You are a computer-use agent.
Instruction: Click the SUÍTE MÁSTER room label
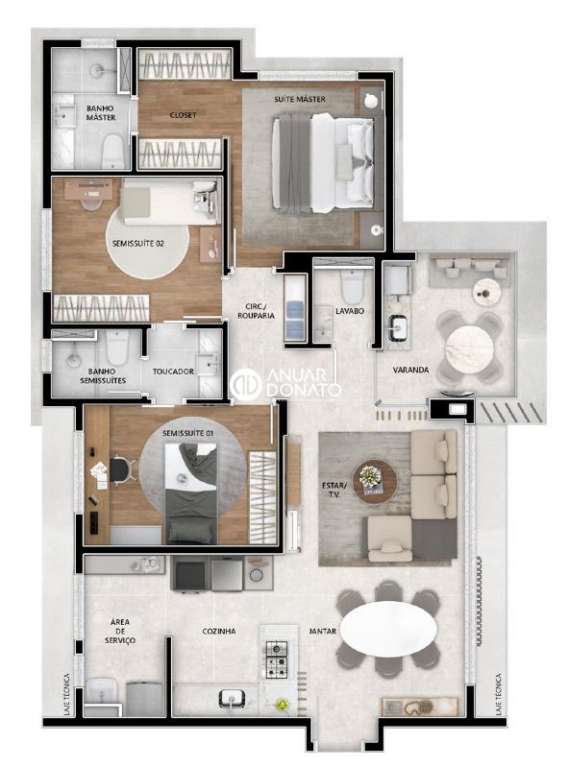tap(299, 99)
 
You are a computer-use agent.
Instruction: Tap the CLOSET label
tap(183, 115)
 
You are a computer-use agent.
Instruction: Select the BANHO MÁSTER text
tap(101, 112)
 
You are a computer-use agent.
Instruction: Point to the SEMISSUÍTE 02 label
tap(137, 244)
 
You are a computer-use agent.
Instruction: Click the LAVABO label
tap(350, 311)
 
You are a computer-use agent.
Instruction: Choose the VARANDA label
tap(410, 370)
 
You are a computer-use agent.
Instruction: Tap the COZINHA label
tap(219, 632)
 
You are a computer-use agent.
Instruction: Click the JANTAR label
tap(322, 632)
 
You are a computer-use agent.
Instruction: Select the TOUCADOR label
tap(173, 372)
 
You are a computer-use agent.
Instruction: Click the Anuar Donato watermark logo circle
tap(246, 383)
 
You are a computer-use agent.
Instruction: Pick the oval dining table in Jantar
tap(388, 628)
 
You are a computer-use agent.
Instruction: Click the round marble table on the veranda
tap(469, 348)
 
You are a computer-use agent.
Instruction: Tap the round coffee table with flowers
tap(375, 481)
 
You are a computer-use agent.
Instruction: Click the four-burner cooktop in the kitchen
tap(277, 660)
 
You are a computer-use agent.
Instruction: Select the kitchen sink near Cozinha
tap(233, 697)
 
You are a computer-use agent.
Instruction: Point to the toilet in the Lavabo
tap(352, 286)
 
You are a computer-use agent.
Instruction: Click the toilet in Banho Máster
tap(112, 152)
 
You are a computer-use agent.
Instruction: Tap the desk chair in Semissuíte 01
tap(121, 469)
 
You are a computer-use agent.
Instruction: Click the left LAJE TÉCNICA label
tap(66, 694)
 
